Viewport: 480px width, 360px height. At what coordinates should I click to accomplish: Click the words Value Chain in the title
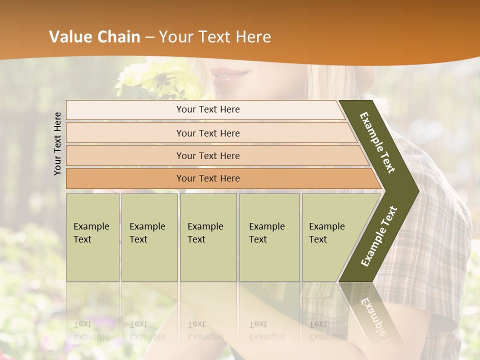[x=94, y=37]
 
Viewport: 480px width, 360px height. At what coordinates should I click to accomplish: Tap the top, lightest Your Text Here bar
[x=207, y=109]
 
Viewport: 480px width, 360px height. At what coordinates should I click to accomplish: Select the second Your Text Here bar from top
[x=207, y=133]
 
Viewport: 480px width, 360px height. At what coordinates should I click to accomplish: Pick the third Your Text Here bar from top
[x=207, y=156]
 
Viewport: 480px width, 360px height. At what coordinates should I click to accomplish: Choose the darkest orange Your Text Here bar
[x=207, y=178]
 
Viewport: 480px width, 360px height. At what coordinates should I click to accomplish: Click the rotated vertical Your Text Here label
[x=57, y=143]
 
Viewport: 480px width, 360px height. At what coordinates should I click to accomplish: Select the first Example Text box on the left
[x=92, y=237]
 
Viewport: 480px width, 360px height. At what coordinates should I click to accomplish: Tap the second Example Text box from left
[x=149, y=237]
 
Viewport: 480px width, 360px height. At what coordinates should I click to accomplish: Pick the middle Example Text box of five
[x=208, y=237]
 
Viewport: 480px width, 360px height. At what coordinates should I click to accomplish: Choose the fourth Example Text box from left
[x=269, y=237]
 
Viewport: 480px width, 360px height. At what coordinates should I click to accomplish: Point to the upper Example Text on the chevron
[x=378, y=142]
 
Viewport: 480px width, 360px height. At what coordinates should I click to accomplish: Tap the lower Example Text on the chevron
[x=379, y=236]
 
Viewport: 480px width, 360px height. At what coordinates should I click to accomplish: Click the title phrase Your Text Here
[x=215, y=37]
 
